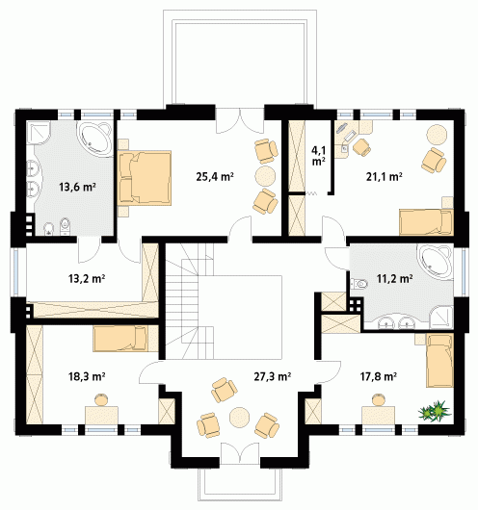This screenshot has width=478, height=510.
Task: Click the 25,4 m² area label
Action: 215,177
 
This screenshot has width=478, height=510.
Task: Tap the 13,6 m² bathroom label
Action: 77,187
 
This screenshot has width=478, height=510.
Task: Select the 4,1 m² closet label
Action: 318,156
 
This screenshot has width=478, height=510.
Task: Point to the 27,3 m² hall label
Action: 273,376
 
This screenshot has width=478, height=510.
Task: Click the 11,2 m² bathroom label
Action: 395,279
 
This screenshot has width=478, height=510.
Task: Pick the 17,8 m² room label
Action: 379,376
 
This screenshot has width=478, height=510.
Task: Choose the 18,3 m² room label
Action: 87,376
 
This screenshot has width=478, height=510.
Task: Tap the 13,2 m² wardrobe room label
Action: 87,279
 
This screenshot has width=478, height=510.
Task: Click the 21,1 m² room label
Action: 385,177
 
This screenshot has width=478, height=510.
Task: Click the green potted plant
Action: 435,411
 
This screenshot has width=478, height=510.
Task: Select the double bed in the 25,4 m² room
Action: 145,178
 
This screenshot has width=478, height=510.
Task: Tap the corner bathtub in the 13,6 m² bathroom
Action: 96,138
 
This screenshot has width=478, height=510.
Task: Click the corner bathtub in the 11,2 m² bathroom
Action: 435,262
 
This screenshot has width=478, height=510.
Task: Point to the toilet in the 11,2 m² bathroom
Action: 358,284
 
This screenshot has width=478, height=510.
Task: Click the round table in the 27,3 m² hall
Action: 240,417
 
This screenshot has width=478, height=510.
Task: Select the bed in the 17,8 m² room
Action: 439,360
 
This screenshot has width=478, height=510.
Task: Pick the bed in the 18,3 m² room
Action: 120,339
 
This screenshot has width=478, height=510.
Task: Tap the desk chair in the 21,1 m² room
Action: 361,147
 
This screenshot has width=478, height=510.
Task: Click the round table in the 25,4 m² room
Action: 265,176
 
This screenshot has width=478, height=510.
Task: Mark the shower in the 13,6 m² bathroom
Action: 38,133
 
